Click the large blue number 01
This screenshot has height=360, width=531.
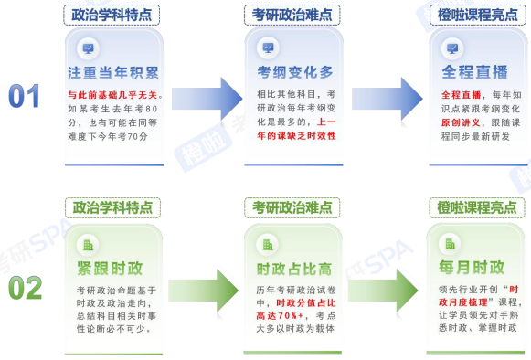pyautogui.click(x=25, y=95)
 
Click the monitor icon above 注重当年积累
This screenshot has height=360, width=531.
pyautogui.click(x=88, y=48)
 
